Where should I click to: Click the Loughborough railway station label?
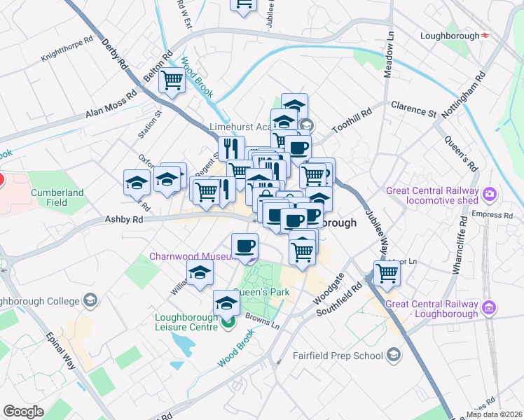click(x=448, y=35)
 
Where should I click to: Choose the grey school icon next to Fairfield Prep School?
click(x=394, y=356)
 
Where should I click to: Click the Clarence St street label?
click(x=413, y=110)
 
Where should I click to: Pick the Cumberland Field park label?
click(x=56, y=197)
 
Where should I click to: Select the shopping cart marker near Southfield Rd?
click(x=386, y=273)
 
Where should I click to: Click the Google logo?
click(x=23, y=412)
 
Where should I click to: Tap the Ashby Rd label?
click(x=123, y=219)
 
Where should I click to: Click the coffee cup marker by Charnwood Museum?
click(x=244, y=246)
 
